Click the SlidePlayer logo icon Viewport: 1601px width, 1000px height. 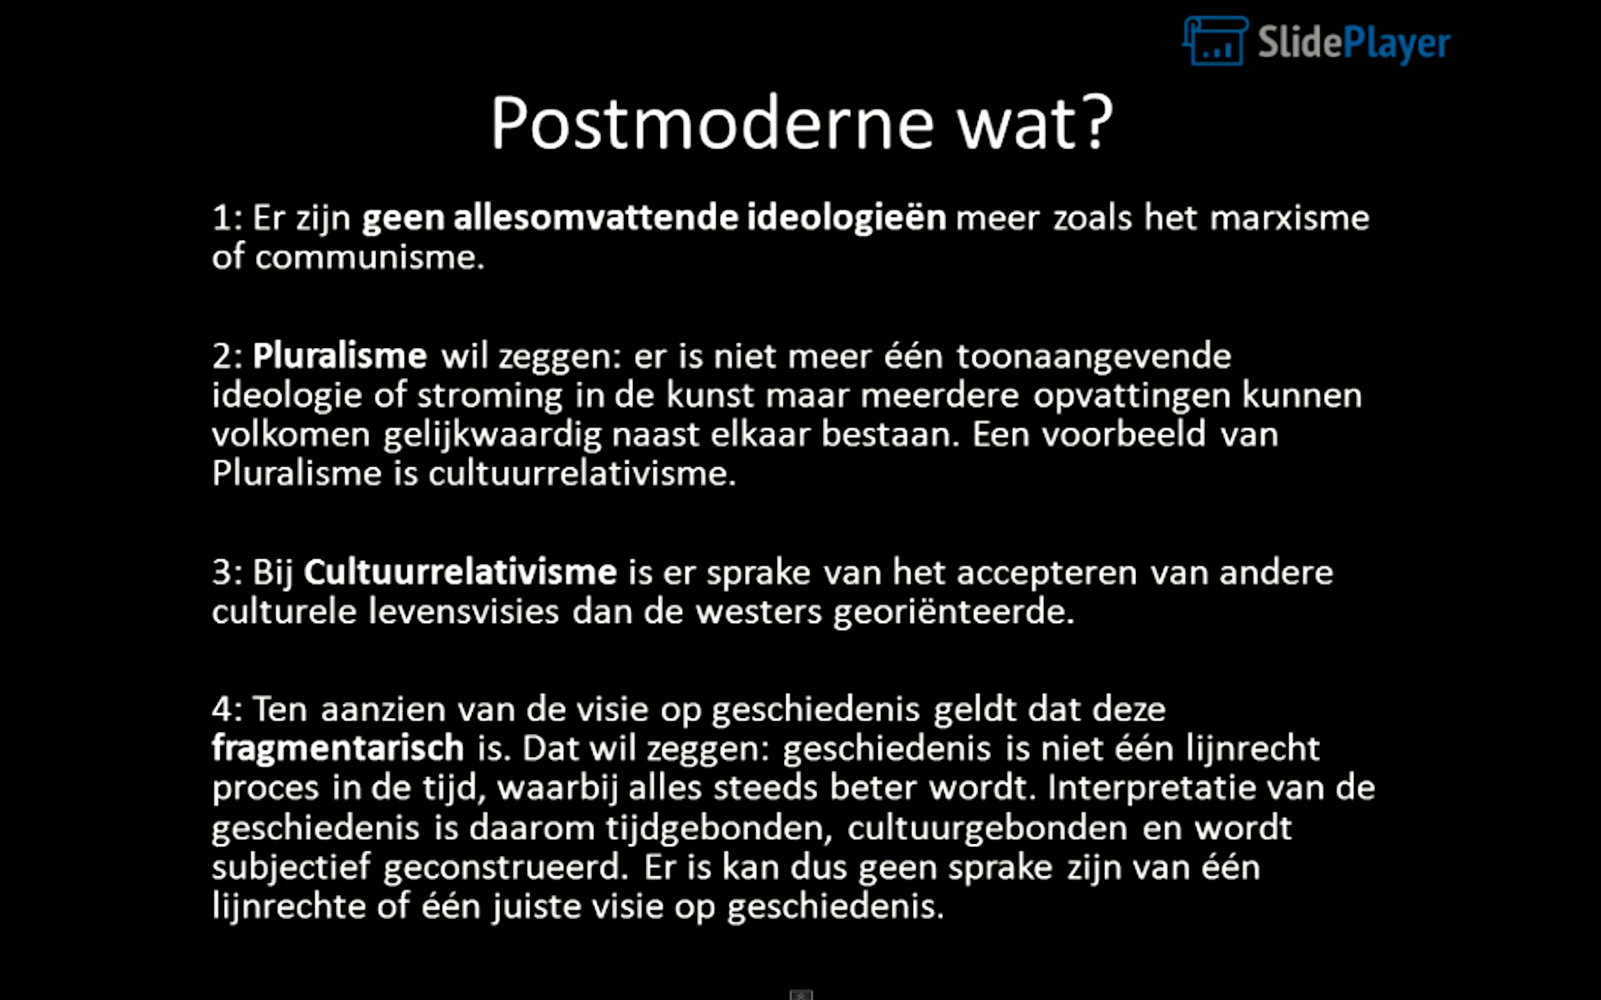pos(1215,41)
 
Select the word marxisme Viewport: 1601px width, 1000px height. pos(1290,217)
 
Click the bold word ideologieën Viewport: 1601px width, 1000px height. pos(847,218)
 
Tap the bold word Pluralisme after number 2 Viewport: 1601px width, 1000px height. pos(339,356)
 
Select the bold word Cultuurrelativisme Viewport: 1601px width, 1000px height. pos(460,571)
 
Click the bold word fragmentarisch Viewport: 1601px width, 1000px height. pos(338,748)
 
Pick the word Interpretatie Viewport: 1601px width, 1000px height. pos(1150,788)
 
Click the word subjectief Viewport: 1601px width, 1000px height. pos(291,868)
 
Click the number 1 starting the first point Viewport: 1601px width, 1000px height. pos(220,218)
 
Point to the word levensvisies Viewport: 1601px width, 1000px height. pos(463,611)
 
